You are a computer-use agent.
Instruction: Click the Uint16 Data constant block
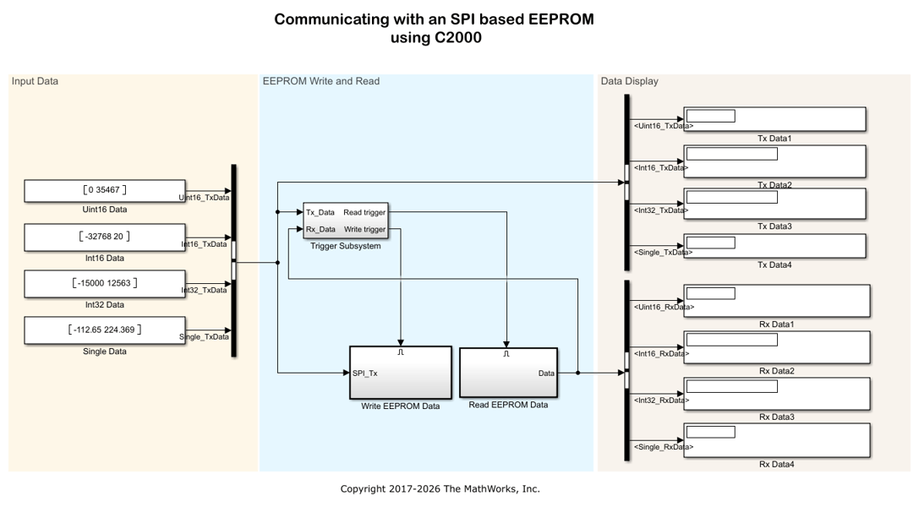105,191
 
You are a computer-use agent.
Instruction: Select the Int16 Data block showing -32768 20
105,237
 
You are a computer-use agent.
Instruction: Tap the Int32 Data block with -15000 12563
105,283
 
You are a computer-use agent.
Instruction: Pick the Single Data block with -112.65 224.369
105,330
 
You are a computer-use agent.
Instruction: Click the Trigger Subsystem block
346,221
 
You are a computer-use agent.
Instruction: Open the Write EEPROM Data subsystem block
401,373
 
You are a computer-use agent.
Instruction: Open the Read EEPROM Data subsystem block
508,373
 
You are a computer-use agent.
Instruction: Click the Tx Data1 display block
774,119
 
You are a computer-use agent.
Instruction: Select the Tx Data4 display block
774,246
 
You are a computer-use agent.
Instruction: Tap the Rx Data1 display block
777,301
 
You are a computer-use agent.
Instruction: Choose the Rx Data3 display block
777,394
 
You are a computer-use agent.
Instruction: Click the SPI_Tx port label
364,373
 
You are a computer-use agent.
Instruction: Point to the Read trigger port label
364,213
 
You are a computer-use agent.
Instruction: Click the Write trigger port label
364,230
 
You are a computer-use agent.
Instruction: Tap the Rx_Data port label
320,230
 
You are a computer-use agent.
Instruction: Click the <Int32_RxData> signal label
661,401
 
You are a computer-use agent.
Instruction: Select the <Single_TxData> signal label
663,253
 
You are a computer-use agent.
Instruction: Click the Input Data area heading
36,81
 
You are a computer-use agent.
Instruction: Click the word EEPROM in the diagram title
561,19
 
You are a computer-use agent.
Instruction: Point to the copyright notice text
440,489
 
